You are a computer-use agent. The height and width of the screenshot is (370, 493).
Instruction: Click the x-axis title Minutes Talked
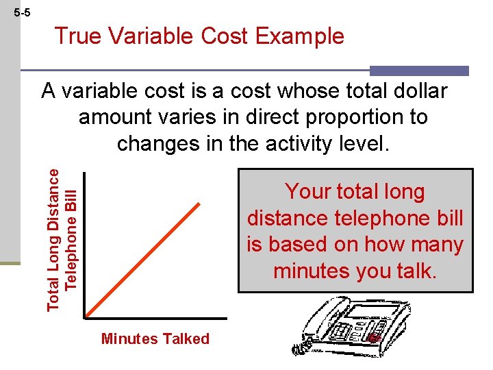click(155, 338)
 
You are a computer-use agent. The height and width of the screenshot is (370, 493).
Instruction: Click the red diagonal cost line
click(143, 260)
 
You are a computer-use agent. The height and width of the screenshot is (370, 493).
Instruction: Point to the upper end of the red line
click(200, 203)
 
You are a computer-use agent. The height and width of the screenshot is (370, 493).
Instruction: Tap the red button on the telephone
click(372, 338)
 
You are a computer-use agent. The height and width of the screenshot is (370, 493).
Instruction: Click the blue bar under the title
click(419, 71)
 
